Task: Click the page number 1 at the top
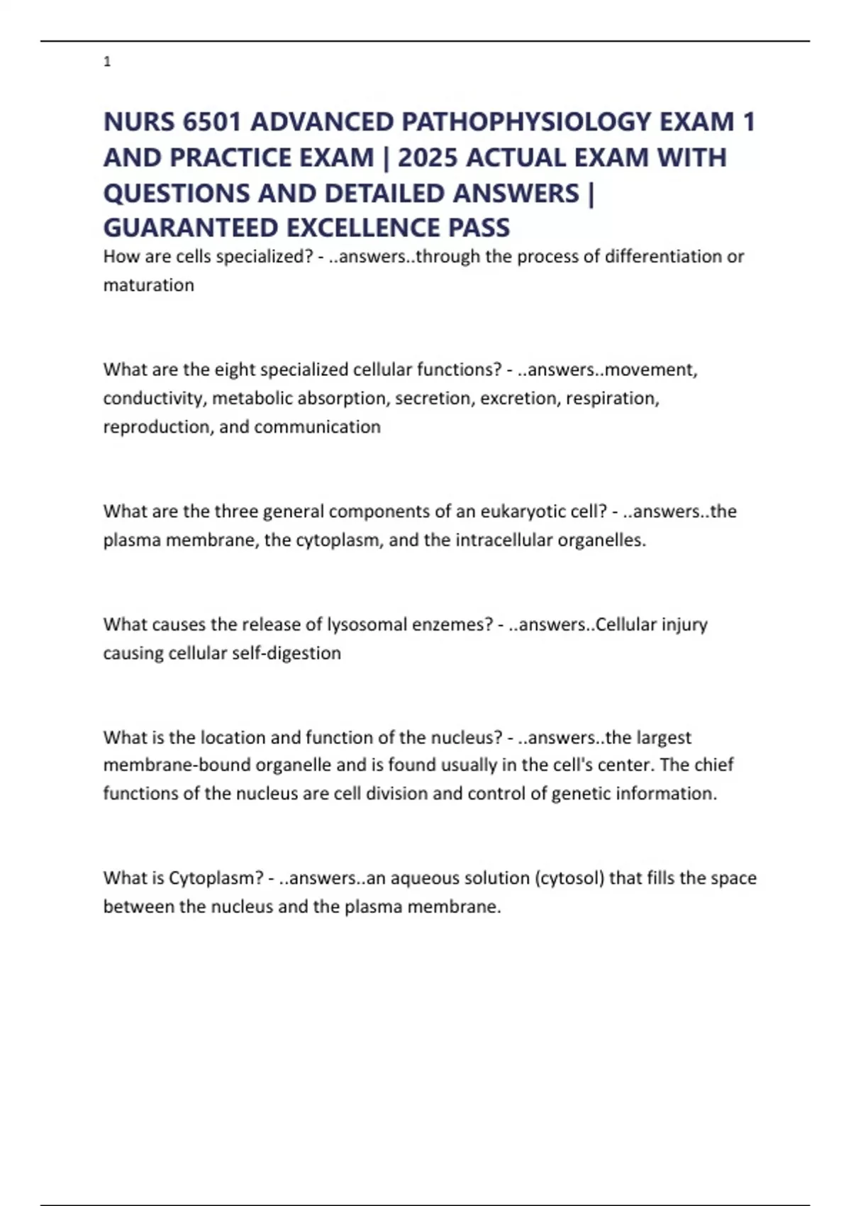pyautogui.click(x=107, y=62)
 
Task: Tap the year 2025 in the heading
pyautogui.click(x=428, y=157)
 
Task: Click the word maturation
pyautogui.click(x=148, y=285)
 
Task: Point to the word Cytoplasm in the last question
pyautogui.click(x=214, y=878)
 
